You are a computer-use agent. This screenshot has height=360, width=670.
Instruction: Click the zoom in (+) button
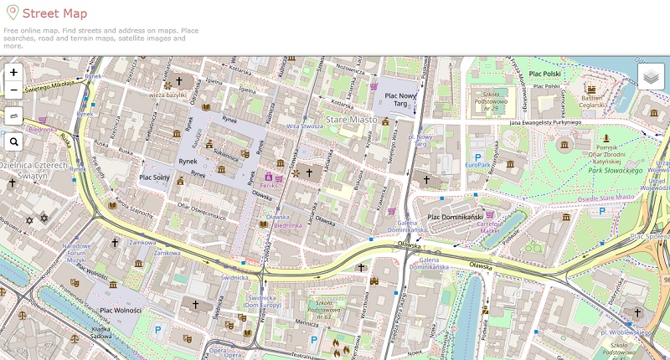(13, 73)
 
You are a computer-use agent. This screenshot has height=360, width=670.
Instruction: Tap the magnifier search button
(13, 142)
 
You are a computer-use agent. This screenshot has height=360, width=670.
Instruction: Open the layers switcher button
(651, 76)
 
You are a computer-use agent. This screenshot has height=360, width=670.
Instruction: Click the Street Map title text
(54, 13)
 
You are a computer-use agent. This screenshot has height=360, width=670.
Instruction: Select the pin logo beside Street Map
(10, 13)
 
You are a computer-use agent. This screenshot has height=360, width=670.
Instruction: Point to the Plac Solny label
(155, 177)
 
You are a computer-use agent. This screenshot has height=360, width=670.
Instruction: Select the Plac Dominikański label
(458, 217)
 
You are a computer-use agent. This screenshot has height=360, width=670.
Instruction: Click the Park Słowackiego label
(615, 171)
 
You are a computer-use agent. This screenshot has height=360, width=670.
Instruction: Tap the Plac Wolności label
(121, 311)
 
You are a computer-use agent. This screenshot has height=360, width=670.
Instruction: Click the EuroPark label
(478, 166)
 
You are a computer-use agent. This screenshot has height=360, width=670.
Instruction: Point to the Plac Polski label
(545, 74)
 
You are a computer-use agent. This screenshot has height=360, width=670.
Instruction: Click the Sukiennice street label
(226, 155)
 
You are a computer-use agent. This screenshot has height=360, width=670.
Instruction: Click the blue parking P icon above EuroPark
(478, 156)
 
